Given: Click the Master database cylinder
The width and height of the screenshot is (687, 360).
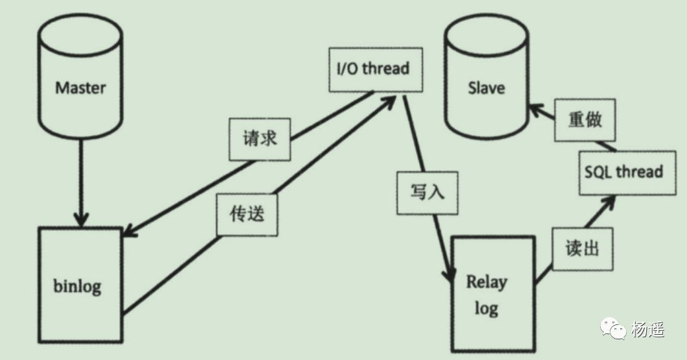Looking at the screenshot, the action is (x=80, y=76).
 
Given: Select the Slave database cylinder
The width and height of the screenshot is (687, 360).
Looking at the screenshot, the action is (x=487, y=76).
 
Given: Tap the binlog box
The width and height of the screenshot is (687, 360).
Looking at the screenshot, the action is (x=80, y=284).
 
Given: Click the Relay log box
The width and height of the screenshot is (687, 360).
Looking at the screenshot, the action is (x=493, y=294).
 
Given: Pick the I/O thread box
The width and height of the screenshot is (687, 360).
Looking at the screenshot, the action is (x=376, y=70).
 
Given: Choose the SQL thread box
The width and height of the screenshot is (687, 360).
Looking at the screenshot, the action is (x=627, y=173).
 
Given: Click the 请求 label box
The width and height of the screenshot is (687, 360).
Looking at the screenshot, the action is (x=260, y=139).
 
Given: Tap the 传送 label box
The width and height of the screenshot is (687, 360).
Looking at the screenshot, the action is (x=247, y=215).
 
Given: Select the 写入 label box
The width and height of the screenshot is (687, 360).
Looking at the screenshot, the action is (x=427, y=193).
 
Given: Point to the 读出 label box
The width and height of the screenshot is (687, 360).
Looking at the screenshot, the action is (x=583, y=249).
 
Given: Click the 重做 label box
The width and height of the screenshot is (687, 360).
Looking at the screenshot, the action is (x=585, y=120).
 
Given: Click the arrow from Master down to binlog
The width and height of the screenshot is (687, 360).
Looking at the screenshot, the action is (x=80, y=183).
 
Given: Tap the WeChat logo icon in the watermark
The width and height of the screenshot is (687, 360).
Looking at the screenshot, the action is (x=614, y=328).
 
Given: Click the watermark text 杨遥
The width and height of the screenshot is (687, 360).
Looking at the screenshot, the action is (x=647, y=330).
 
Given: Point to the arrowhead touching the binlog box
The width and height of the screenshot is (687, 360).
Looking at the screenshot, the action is (x=130, y=231).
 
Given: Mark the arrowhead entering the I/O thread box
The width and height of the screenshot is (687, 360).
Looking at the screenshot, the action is (x=388, y=101).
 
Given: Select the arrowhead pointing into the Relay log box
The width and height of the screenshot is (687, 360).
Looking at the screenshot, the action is (x=449, y=274).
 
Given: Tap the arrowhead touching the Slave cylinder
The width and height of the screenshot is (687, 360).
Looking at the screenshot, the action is (x=535, y=110).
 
